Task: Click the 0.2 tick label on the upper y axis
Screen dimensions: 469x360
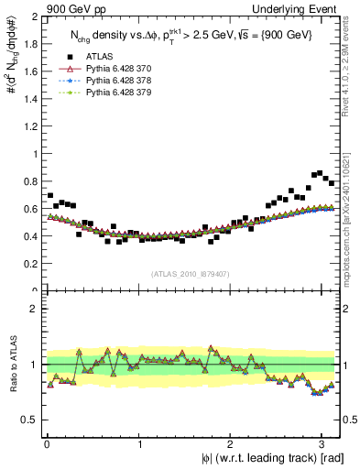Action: (x=30, y=264)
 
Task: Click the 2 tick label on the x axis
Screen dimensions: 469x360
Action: (x=233, y=444)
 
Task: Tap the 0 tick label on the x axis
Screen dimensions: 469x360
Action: (x=47, y=444)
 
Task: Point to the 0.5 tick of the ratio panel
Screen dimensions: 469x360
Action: (x=30, y=420)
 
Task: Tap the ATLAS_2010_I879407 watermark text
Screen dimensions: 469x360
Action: (x=191, y=273)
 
